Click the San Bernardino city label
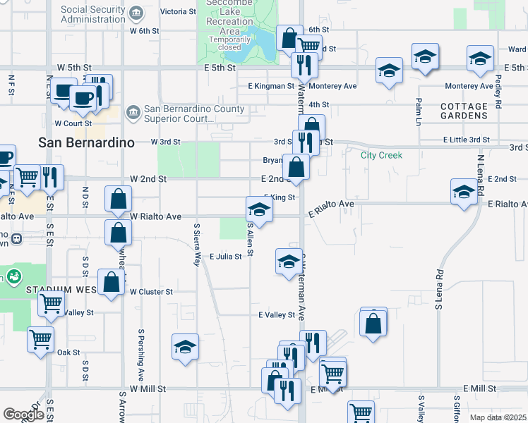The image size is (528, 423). [x=86, y=142]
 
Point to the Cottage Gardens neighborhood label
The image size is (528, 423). [x=464, y=111]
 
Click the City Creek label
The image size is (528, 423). [x=381, y=155]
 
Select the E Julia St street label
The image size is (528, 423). [x=225, y=256]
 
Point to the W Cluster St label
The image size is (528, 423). [x=150, y=291]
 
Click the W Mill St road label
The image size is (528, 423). [x=147, y=388]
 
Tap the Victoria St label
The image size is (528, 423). [x=178, y=11]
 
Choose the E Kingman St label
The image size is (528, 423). [x=270, y=86]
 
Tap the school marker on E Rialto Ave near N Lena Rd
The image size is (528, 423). [x=464, y=192]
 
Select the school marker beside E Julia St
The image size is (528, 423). [x=288, y=262]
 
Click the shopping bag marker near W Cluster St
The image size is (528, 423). [x=112, y=283]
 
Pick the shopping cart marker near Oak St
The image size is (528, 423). [x=41, y=339]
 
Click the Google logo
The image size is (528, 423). [x=23, y=415]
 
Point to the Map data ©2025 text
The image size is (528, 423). [x=497, y=417]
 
